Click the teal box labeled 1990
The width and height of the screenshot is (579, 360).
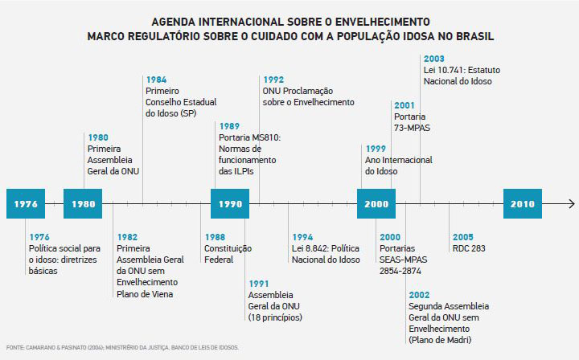coord(230,204)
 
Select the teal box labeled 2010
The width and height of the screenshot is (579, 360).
coord(522,204)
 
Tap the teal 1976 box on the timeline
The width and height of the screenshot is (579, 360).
coord(25,204)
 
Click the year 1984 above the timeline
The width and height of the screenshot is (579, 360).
coord(156,80)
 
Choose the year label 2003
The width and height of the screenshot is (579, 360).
coord(433,59)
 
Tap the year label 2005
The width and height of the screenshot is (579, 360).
coord(462,237)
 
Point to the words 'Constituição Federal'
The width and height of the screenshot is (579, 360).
coord(228,255)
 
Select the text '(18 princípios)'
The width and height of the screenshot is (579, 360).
coord(275,317)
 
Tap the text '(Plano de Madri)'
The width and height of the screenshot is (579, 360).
coord(440,341)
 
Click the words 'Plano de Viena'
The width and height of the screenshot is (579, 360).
coord(145,294)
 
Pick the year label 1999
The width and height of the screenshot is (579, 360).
coord(376,149)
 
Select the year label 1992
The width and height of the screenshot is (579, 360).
coord(273,80)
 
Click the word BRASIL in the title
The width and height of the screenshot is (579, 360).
coord(470,36)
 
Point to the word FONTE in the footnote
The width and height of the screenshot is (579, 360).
coord(14,348)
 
